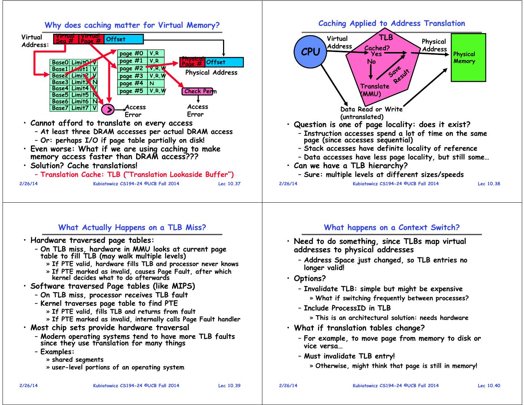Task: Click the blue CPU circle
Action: tap(310, 52)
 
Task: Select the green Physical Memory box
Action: tap(468, 57)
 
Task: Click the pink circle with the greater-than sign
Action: tap(108, 109)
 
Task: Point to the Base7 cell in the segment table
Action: tap(60, 108)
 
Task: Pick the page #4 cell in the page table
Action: tap(131, 83)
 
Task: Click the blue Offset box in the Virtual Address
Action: tap(124, 39)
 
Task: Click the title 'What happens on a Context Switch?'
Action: tap(392, 228)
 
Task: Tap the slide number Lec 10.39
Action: tap(229, 386)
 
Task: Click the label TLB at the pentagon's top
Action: tap(386, 37)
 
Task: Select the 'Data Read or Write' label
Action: tap(372, 109)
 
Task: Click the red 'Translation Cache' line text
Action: tap(137, 175)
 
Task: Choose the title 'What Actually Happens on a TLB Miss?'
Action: tap(132, 228)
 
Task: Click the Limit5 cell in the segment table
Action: tap(80, 95)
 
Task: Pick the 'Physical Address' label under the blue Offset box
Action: tap(211, 72)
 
